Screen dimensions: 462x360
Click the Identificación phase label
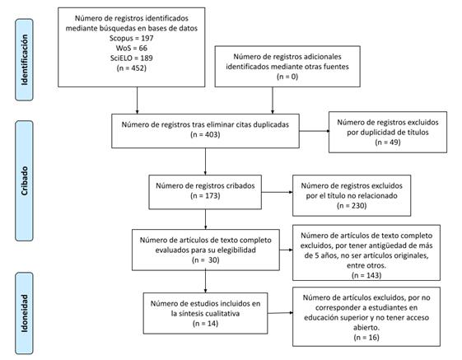point(25,60)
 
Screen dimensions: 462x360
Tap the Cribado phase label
point(25,180)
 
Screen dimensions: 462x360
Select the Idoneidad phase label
point(25,313)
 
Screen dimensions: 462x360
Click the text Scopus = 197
point(132,38)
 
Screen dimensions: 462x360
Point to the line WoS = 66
point(132,48)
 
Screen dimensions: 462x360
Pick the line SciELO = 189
point(132,58)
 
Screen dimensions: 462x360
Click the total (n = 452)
point(132,68)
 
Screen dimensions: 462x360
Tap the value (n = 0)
point(287,77)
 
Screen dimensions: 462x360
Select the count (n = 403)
point(205,135)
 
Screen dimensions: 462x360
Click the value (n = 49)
point(388,143)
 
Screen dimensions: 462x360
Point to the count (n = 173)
point(205,196)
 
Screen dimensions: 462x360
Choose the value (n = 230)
point(352,205)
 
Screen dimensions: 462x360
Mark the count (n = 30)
point(205,260)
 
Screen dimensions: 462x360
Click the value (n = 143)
point(366,275)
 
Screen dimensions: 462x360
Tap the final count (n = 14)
point(205,324)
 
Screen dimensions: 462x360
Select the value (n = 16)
point(366,338)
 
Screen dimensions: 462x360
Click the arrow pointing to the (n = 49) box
point(315,131)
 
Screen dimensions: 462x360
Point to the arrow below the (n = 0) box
point(273,101)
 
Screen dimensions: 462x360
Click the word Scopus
point(121,39)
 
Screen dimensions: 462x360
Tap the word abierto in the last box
point(366,328)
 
